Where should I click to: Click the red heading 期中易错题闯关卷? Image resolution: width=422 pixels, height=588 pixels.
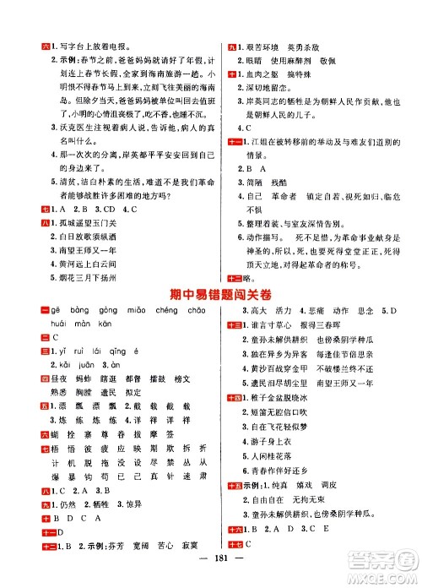tap(211, 291)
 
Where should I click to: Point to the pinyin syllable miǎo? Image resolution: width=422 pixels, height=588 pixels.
tap(131, 311)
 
